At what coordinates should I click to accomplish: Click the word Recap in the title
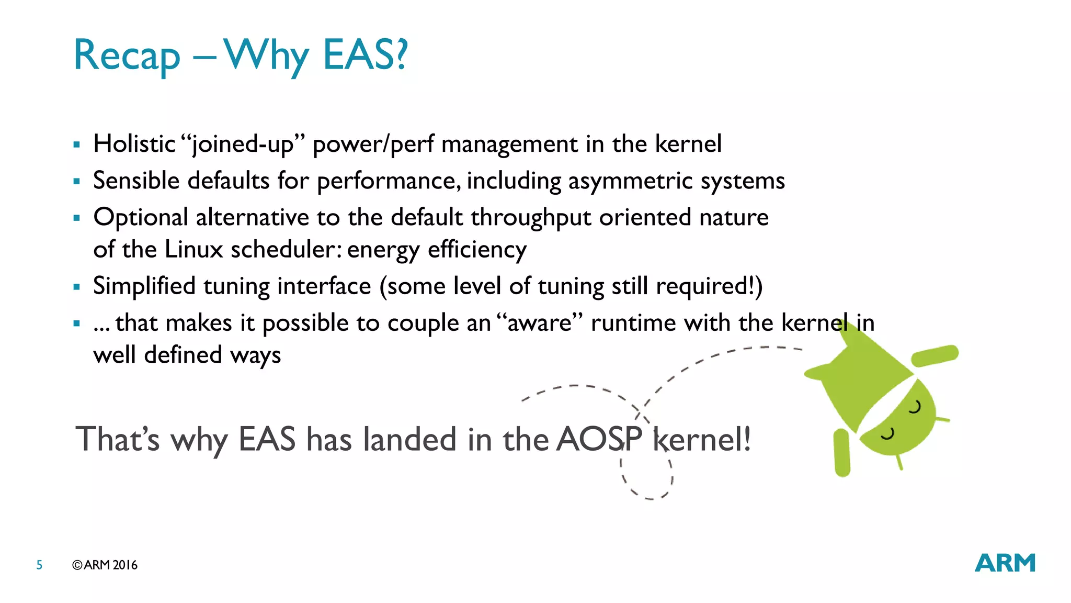[127, 55]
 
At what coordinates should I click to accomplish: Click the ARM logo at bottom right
[1005, 563]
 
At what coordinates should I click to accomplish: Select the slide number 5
[39, 565]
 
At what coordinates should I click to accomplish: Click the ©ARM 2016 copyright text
[105, 565]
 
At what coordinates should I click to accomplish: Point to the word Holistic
[134, 144]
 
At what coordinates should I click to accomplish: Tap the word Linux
[193, 250]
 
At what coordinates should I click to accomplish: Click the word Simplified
[144, 286]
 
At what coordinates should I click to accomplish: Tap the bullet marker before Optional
[77, 218]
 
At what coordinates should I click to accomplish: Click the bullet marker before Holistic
[77, 144]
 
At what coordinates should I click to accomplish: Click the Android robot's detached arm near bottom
[841, 452]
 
